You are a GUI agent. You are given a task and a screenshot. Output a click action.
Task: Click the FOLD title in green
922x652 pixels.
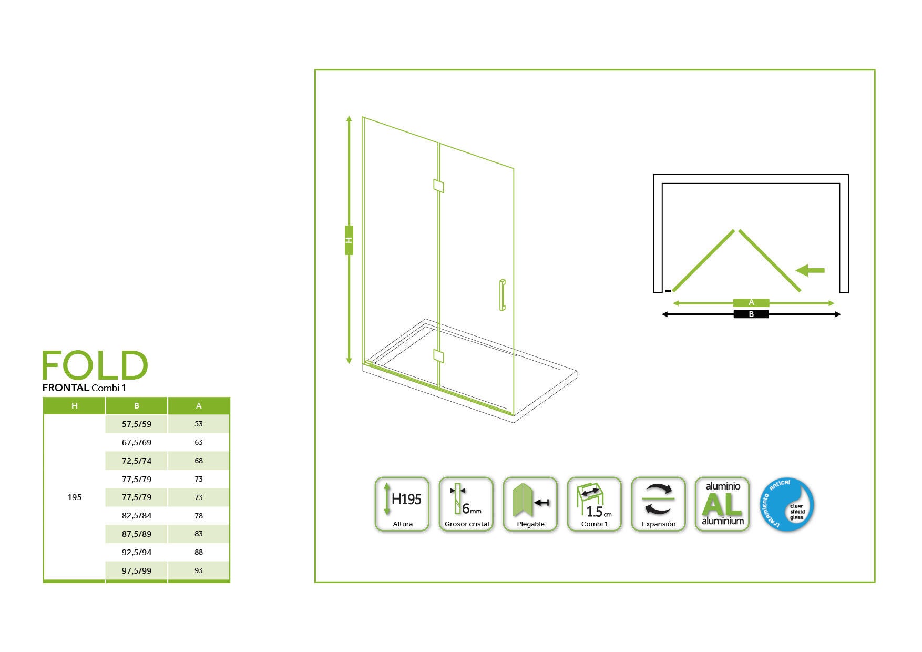click(95, 365)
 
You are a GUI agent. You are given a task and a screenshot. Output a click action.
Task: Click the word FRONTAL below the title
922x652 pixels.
click(66, 388)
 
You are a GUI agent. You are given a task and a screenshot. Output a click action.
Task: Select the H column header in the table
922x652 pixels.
click(74, 406)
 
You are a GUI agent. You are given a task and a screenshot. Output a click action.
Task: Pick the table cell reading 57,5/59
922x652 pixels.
click(137, 424)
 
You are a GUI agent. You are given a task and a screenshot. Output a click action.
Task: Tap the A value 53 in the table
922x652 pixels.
click(199, 424)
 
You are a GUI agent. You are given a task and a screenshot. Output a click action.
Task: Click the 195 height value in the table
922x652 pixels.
click(74, 497)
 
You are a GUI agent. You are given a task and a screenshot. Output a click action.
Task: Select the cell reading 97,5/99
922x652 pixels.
click(137, 570)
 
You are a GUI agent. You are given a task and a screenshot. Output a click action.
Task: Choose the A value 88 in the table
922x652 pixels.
click(199, 552)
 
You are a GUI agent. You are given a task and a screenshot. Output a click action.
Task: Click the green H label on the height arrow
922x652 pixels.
click(349, 240)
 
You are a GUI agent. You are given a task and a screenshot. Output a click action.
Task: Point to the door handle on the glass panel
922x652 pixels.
click(503, 295)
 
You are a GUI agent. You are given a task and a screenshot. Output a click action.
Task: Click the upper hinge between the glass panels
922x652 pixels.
click(438, 186)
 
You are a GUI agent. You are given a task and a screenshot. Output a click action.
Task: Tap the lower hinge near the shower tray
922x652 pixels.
click(438, 356)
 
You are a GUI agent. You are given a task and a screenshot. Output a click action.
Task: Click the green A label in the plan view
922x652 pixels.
click(751, 302)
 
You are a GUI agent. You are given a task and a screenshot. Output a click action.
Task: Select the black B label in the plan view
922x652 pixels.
click(751, 314)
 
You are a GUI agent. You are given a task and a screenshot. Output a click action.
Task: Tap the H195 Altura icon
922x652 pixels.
click(402, 504)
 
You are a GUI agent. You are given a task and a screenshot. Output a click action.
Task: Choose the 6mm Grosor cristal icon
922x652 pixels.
click(466, 504)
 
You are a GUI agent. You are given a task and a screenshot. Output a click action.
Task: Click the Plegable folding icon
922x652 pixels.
click(530, 504)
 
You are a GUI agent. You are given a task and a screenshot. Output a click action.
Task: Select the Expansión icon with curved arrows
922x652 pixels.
click(658, 504)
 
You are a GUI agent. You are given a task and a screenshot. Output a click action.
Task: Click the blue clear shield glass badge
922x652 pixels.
click(787, 504)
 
